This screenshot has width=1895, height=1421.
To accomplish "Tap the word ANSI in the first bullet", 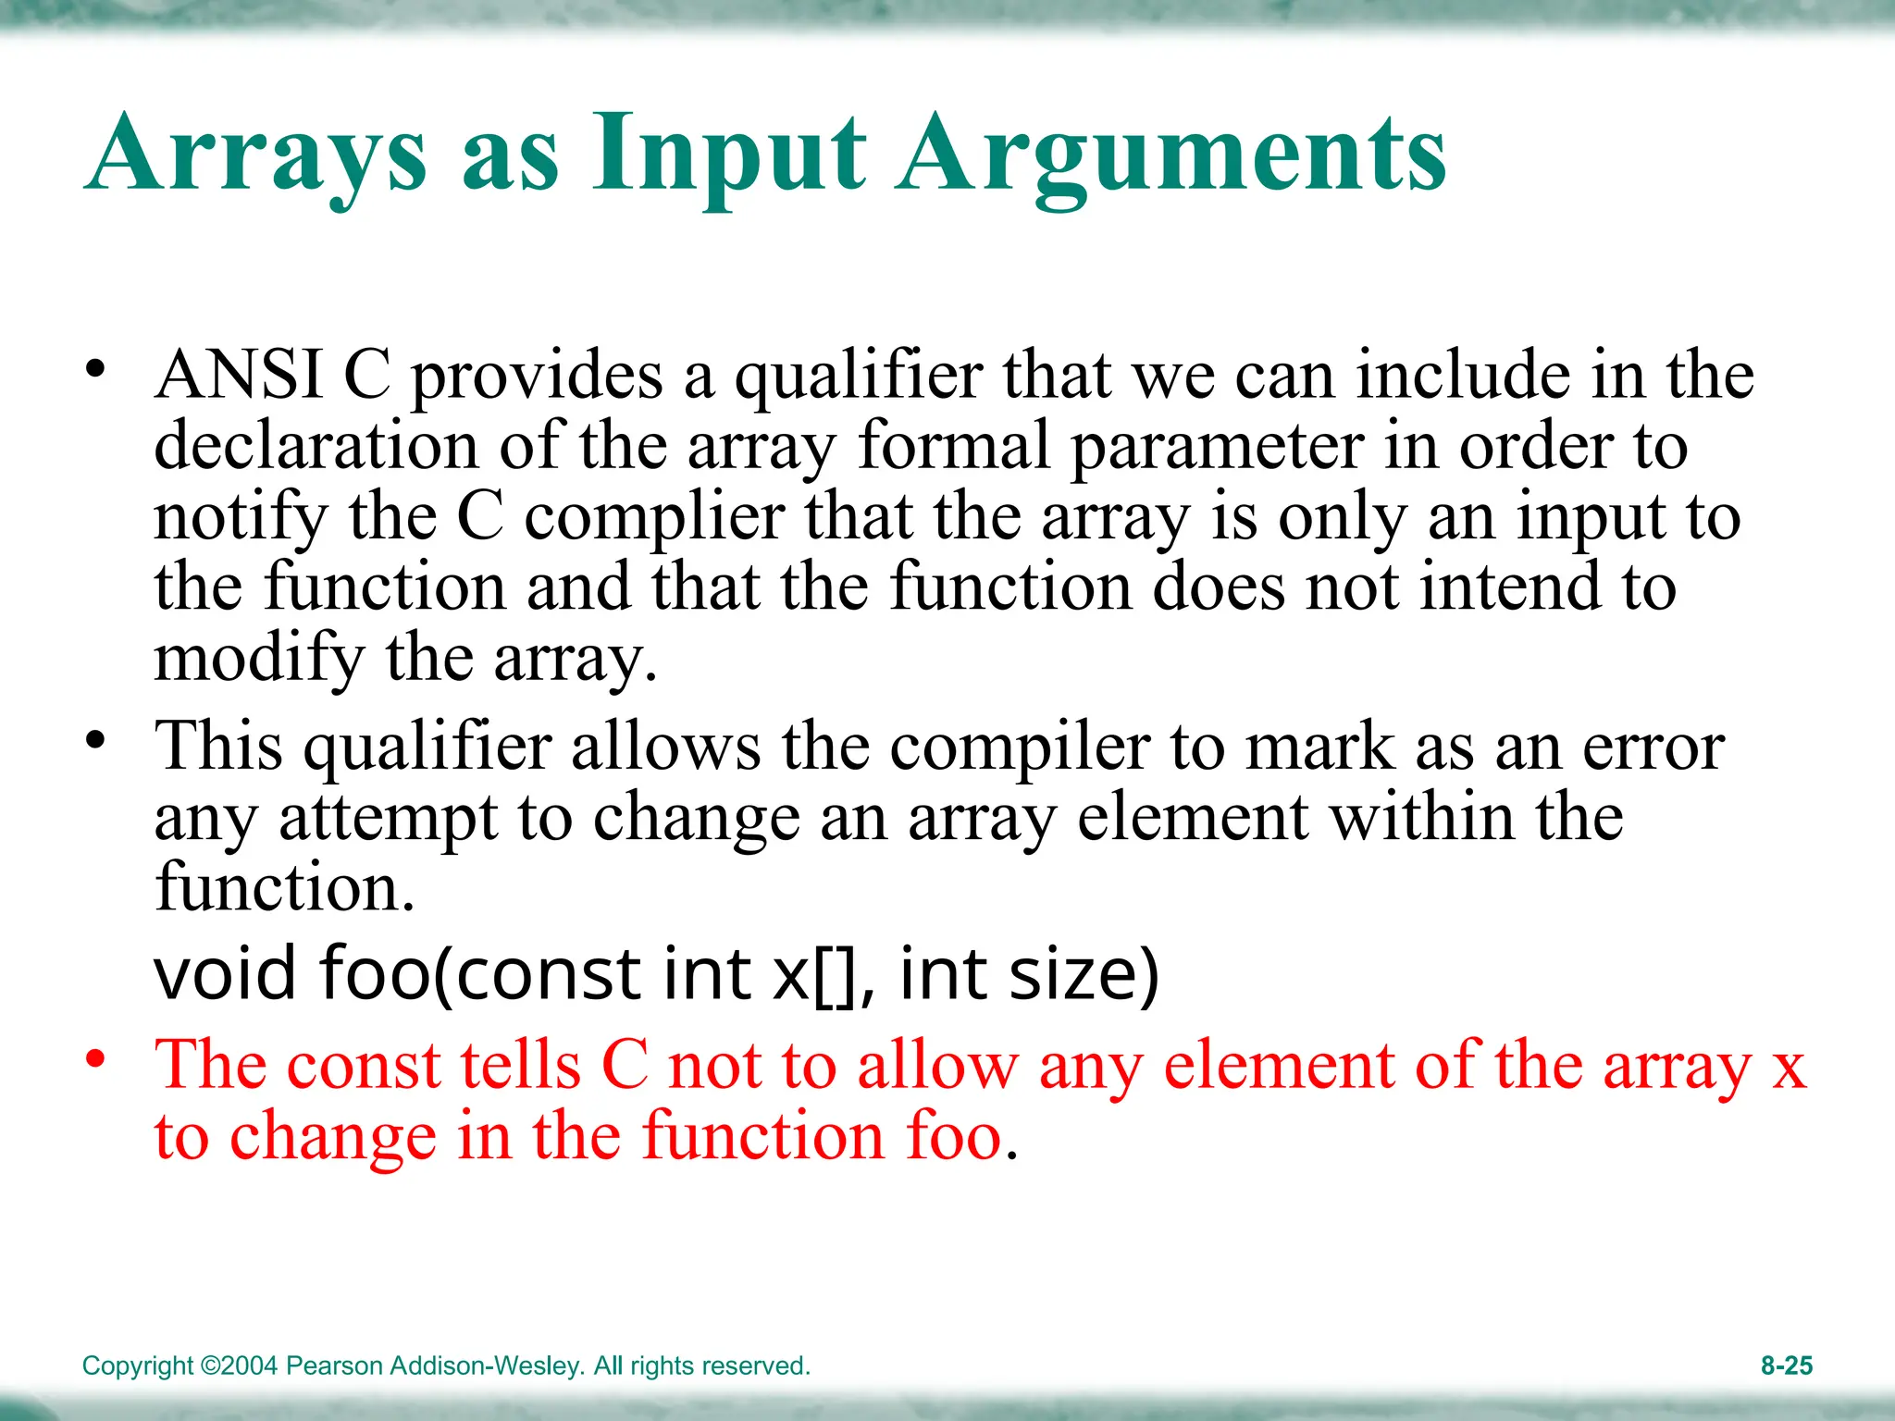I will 239,376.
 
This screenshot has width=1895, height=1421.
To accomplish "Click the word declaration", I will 316,447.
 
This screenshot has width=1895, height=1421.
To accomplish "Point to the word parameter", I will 1217,447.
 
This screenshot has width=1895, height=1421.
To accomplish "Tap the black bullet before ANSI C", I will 94,369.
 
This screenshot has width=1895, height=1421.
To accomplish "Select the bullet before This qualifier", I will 94,740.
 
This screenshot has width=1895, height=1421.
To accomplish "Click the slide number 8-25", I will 1786,1365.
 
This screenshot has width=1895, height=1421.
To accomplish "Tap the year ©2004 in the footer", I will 239,1365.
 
